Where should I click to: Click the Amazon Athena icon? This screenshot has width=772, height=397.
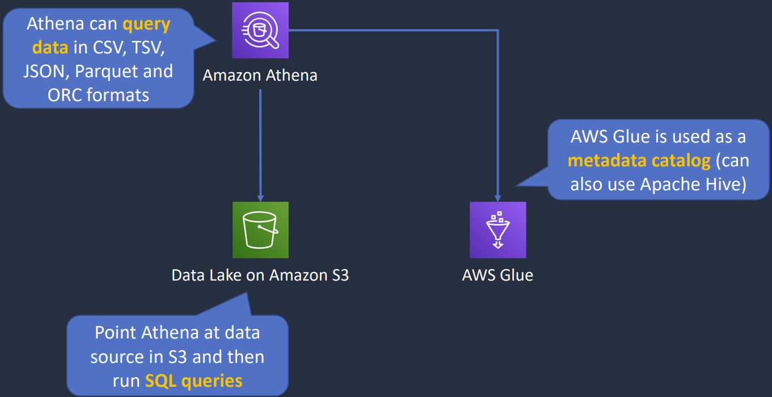point(260,30)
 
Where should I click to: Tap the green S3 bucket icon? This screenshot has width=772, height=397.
point(260,229)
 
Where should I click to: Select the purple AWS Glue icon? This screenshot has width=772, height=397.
point(497,229)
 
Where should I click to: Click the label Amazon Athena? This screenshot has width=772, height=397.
point(260,75)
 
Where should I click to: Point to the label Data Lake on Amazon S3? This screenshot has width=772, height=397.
point(260,275)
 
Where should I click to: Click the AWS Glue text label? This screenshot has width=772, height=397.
point(497,275)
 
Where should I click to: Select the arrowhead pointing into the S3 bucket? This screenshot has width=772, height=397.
point(260,198)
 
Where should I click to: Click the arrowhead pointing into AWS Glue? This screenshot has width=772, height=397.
point(497,198)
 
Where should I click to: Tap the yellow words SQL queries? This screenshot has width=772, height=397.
point(193,381)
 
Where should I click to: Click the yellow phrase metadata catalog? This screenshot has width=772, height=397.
point(639,161)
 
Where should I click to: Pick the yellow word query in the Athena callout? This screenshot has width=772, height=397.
point(146,24)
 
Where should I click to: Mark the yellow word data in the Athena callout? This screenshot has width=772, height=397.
point(50,48)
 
